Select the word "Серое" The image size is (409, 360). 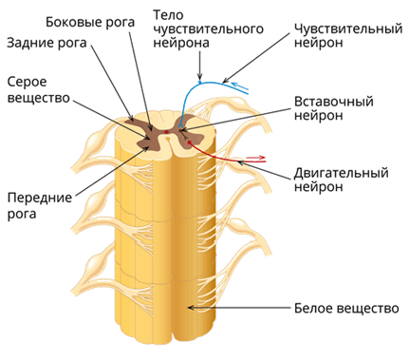[x=28, y=82]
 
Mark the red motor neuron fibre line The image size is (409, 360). [x=228, y=158]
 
